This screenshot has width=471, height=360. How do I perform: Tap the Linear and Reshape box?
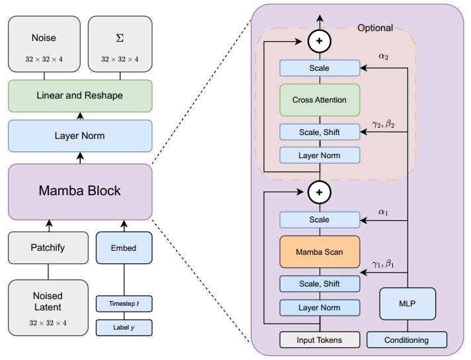coord(80,95)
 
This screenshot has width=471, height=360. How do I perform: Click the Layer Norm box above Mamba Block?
coord(80,136)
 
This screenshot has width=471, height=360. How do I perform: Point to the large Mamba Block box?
coord(80,191)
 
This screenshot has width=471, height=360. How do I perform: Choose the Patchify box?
coord(48,248)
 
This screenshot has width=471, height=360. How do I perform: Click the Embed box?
coord(124,248)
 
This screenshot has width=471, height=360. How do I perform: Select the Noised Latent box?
coord(48,307)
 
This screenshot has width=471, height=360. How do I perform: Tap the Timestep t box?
coord(124,304)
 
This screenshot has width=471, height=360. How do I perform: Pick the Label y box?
coord(124,327)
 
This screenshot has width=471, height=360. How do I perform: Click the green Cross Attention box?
coord(320,100)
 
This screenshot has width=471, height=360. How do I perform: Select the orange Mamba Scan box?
coord(320,251)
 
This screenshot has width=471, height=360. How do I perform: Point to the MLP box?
coord(407,304)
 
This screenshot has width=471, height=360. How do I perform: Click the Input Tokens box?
coord(320,340)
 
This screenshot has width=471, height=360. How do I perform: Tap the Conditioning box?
coord(407,340)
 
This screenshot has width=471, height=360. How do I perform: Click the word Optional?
coord(375,28)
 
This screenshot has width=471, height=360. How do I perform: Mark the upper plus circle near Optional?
coord(320,41)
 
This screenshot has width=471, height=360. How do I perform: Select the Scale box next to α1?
coord(320,220)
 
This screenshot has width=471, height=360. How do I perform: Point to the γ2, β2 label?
coord(383,124)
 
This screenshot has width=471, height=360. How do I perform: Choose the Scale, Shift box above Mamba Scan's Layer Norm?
coord(320,284)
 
